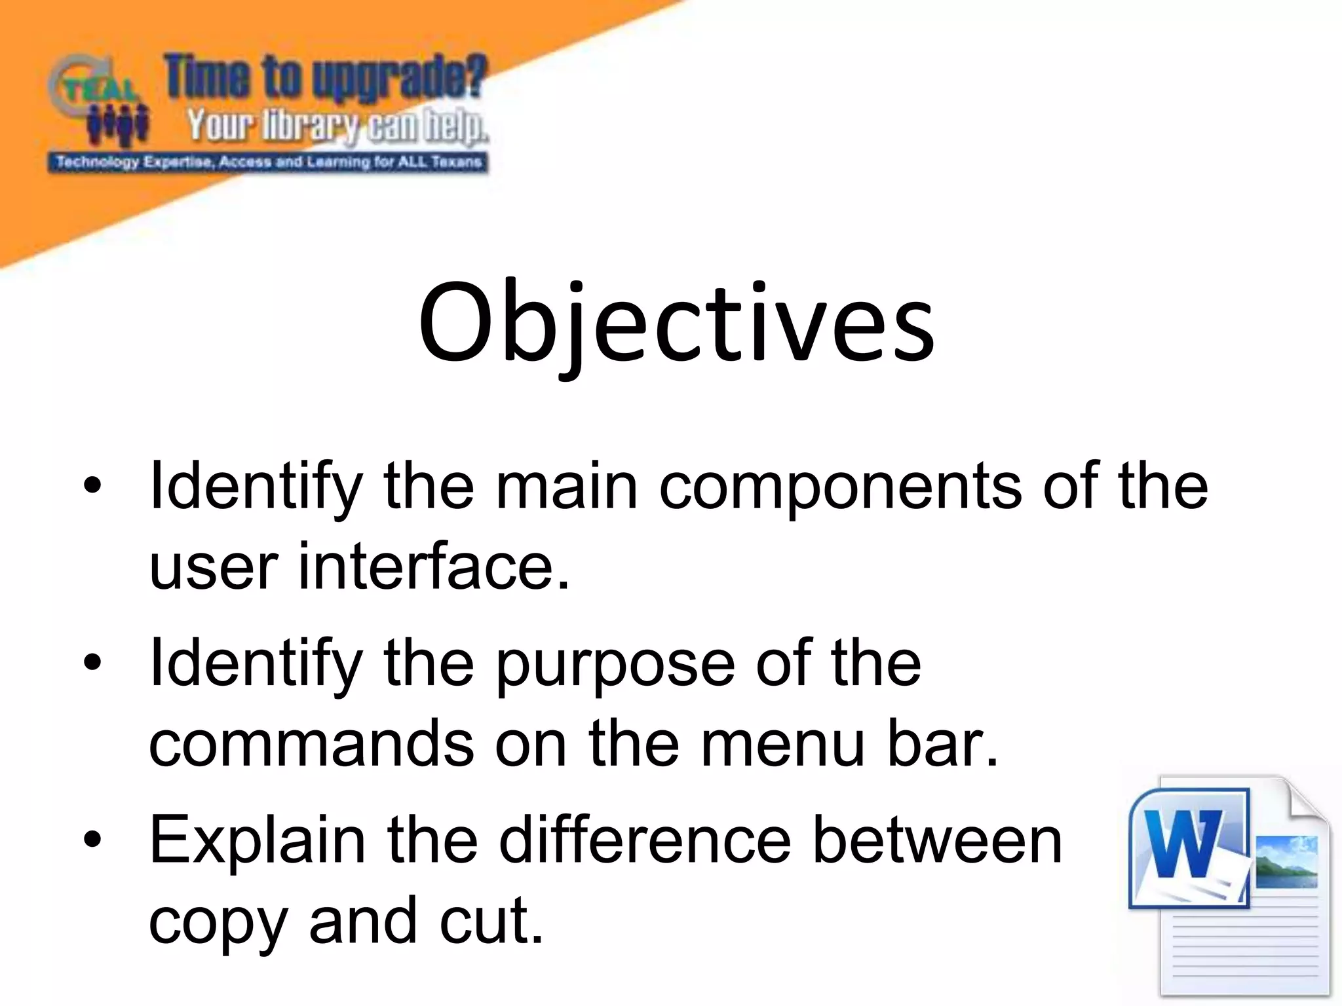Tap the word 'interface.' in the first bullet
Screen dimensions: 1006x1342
click(x=434, y=566)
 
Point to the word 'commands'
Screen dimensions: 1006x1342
click(x=311, y=744)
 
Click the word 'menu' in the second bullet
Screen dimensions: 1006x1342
click(x=783, y=744)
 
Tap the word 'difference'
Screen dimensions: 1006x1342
click(x=645, y=841)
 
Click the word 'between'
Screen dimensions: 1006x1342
click(x=937, y=841)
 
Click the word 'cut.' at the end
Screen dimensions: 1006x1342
click(x=491, y=921)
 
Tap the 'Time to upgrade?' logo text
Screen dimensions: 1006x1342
click(x=326, y=77)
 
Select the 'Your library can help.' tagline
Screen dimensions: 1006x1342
click(x=337, y=126)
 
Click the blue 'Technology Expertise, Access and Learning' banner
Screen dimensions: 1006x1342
click(x=268, y=162)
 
